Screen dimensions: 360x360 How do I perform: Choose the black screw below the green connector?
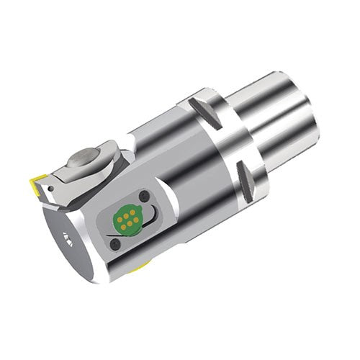[114, 246]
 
